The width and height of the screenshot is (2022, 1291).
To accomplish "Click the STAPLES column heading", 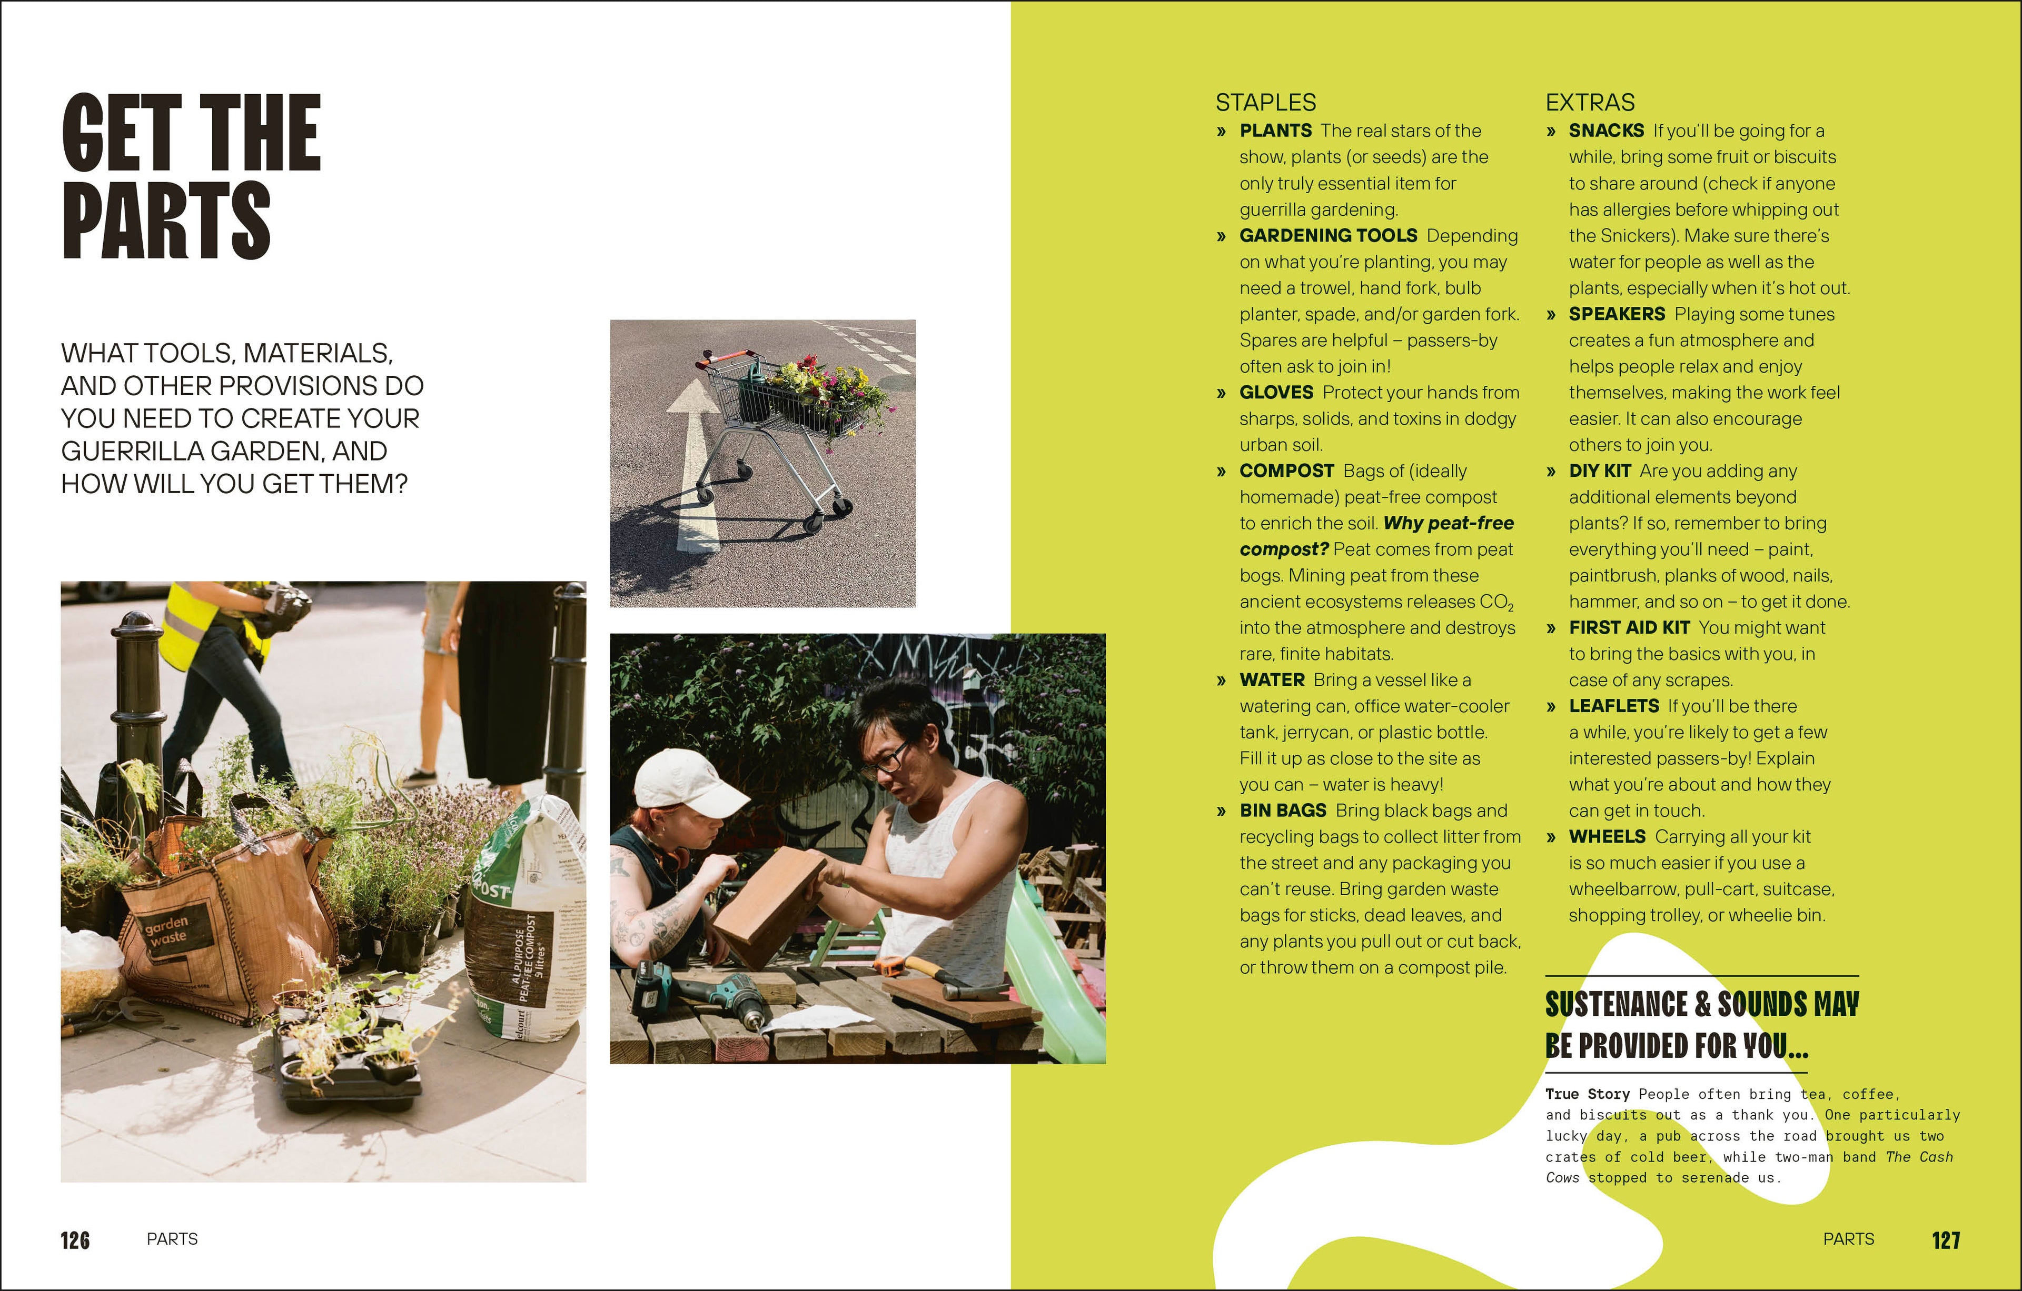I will (1265, 103).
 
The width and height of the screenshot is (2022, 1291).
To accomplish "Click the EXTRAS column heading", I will (1590, 103).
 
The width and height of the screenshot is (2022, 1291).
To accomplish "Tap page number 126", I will (75, 1240).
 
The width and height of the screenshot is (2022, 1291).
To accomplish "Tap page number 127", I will (1946, 1240).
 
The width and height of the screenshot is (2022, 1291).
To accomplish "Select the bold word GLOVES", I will (1275, 392).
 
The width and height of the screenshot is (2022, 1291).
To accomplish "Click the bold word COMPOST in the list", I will (1286, 471).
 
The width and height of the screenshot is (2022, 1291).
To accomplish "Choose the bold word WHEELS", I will (1607, 837).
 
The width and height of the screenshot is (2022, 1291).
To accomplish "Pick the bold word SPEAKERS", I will (1617, 314).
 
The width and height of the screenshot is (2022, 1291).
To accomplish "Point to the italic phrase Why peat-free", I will (1448, 523).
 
